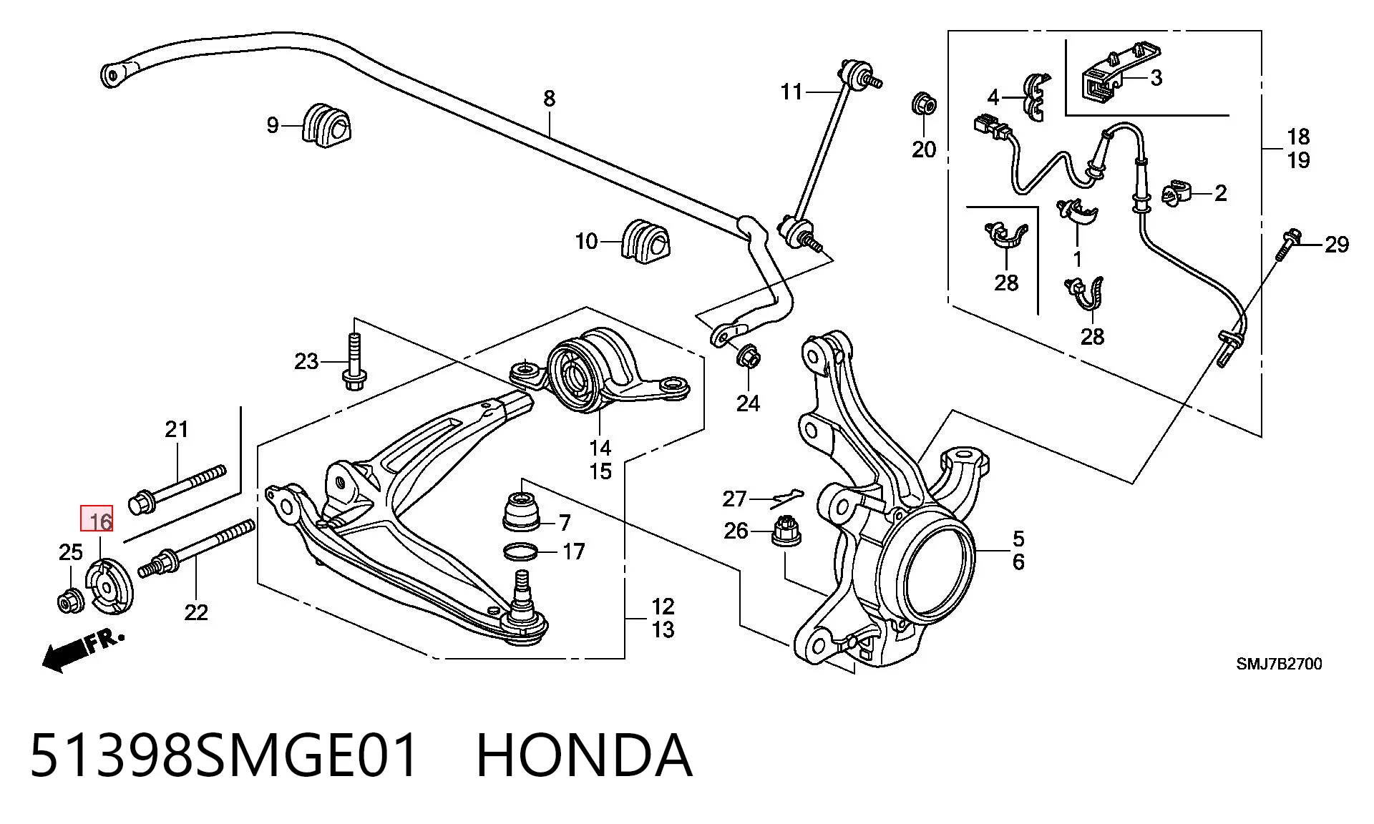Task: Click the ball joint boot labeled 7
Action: [522, 511]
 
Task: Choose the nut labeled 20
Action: [924, 104]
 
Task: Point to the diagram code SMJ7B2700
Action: [1279, 664]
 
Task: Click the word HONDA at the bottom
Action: [584, 755]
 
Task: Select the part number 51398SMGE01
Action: [224, 755]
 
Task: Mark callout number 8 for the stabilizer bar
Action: [549, 98]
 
